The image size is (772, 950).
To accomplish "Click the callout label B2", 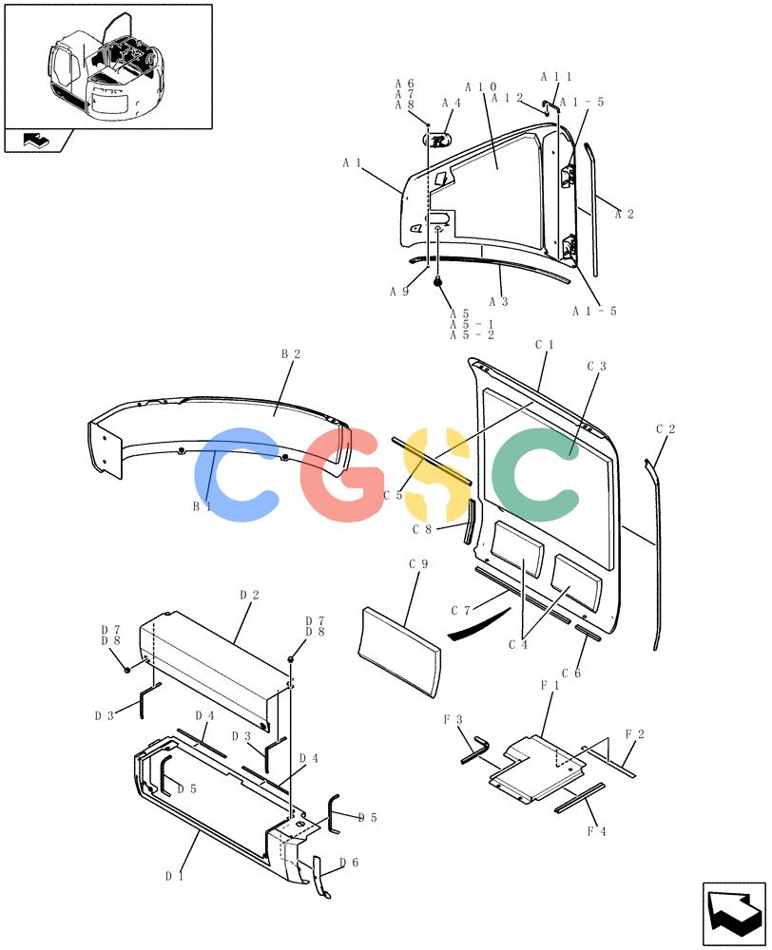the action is (291, 353).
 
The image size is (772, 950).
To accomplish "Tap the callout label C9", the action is (418, 564).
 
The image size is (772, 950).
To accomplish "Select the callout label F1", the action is (550, 685).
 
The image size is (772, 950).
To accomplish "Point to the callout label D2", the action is (249, 595).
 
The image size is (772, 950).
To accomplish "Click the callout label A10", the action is (481, 87).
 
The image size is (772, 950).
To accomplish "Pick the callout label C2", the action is (666, 429).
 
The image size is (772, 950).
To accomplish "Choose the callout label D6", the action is (349, 863).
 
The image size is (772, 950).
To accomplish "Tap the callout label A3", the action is (498, 302).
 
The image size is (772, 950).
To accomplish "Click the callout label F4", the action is (596, 831).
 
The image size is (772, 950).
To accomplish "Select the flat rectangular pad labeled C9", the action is (399, 653).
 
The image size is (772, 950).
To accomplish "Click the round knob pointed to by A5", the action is (437, 281).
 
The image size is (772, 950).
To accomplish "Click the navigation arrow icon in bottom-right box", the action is (734, 913).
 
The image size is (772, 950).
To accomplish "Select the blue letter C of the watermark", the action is (235, 474).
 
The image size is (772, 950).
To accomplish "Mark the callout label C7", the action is (460, 611).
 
